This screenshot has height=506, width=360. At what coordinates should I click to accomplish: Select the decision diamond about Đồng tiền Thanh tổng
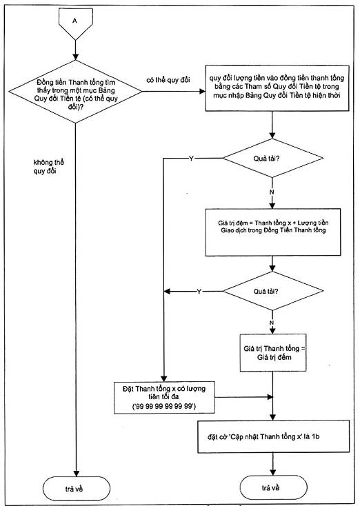[75, 92]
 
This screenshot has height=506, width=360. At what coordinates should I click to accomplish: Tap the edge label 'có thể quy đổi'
[168, 80]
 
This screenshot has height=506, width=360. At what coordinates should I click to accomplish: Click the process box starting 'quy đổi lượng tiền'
[277, 88]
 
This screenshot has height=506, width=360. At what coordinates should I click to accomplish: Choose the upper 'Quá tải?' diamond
[272, 158]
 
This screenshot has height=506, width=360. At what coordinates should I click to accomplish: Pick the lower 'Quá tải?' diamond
[272, 291]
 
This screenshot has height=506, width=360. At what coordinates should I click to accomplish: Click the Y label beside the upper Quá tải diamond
[191, 159]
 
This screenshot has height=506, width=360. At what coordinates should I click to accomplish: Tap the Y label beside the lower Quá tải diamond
[199, 292]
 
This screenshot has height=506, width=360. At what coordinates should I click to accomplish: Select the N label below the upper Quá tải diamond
[272, 192]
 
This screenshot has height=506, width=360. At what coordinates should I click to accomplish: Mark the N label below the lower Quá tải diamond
[272, 323]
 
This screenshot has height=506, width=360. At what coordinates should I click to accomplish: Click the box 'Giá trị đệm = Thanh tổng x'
[273, 232]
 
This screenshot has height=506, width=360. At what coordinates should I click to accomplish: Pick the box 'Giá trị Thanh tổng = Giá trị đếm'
[273, 353]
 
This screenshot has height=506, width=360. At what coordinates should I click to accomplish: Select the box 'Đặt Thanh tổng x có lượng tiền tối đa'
[164, 398]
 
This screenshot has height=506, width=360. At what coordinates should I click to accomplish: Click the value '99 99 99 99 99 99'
[164, 406]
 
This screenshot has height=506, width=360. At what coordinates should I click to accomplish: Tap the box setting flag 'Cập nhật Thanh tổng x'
[274, 436]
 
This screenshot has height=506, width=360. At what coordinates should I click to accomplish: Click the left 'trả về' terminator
[77, 489]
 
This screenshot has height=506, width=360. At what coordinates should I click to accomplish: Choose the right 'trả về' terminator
[274, 487]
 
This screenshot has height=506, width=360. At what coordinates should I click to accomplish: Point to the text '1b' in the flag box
[316, 436]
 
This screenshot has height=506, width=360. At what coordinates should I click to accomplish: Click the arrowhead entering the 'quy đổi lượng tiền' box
[203, 91]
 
